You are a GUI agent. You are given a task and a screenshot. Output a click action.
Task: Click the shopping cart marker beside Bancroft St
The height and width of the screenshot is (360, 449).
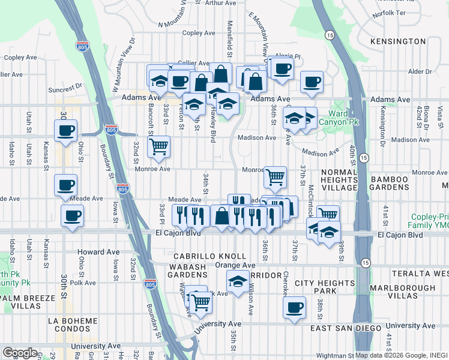(x=158, y=146)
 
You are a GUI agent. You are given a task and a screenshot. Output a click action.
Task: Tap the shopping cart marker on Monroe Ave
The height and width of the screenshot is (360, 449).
(x=275, y=176)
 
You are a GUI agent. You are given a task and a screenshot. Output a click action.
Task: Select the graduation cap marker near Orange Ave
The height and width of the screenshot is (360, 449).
(x=238, y=280)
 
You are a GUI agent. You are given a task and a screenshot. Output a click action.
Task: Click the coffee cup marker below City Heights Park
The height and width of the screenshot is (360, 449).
(x=294, y=308)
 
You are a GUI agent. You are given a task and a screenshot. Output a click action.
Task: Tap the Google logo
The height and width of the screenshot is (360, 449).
(x=19, y=353)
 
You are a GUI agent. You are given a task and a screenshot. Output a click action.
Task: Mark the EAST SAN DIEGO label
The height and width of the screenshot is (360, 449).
(x=346, y=328)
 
